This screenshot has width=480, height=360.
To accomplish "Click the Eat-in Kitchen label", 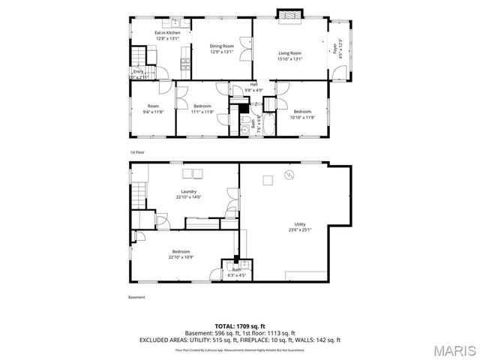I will (168, 33).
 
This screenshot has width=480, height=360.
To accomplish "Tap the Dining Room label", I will (221, 46).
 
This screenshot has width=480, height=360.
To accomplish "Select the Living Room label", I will (289, 52).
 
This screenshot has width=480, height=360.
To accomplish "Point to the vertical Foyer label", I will (334, 49).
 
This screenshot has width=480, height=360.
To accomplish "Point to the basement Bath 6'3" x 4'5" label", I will (236, 272).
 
